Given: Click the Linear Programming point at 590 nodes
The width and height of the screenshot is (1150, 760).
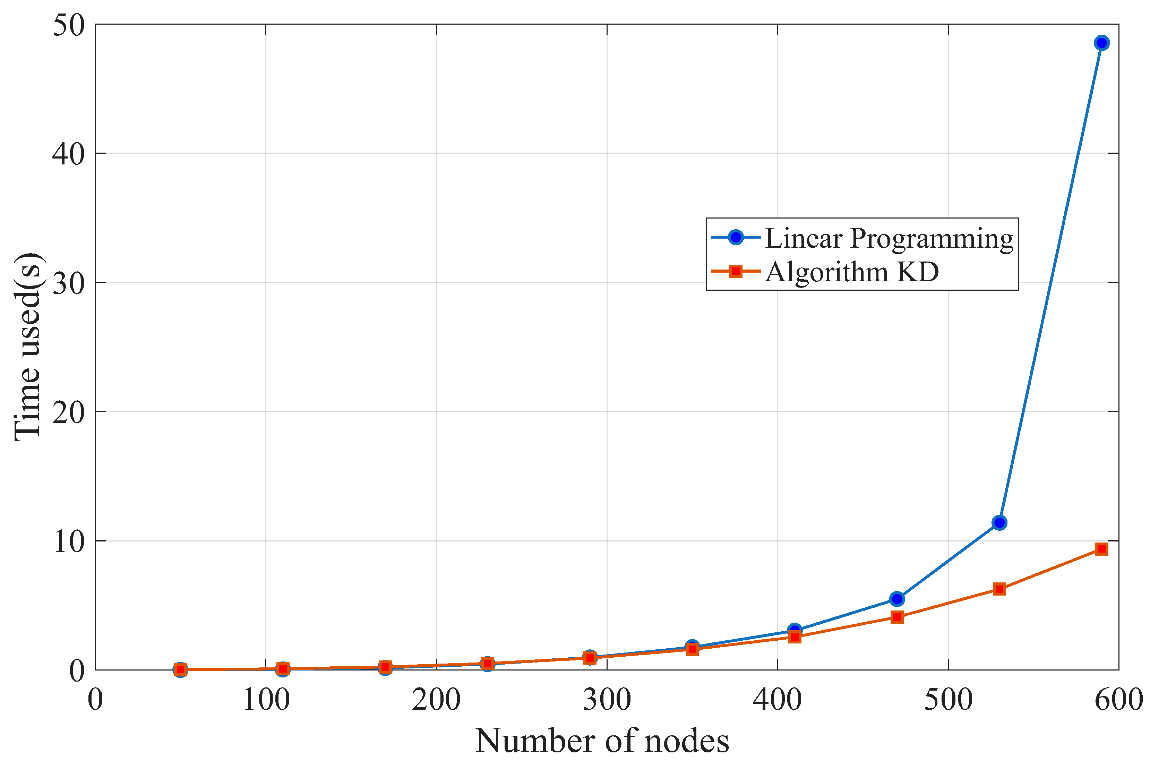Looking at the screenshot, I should click(x=1101, y=43).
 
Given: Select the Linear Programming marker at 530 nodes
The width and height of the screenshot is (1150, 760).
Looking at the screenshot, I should click(x=999, y=522).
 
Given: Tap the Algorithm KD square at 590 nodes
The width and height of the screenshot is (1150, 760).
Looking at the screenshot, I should click(x=1101, y=549).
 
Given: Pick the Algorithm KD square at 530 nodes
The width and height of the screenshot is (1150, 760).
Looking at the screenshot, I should click(x=999, y=589).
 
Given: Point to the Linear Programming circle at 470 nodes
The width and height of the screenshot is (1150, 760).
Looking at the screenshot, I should click(x=897, y=599).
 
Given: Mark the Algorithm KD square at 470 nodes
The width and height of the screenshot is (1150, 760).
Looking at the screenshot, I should click(x=897, y=617).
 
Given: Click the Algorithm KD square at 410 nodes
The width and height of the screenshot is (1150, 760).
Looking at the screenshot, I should click(x=794, y=637).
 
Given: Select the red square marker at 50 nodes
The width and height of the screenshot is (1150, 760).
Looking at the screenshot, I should click(x=180, y=670).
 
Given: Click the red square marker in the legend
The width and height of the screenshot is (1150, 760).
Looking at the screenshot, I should click(x=736, y=271).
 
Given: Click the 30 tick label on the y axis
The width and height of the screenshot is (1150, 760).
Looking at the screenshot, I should click(x=68, y=283).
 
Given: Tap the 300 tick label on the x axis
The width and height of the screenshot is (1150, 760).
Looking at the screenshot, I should click(x=607, y=700).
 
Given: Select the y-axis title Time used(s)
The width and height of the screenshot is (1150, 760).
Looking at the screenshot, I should click(x=28, y=347).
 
